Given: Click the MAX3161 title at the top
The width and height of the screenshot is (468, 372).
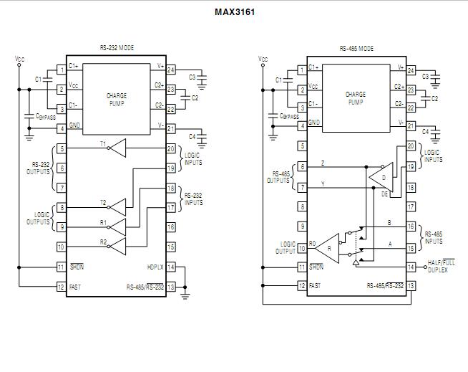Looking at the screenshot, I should (234, 12).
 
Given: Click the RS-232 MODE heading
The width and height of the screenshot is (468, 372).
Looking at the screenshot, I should (117, 48).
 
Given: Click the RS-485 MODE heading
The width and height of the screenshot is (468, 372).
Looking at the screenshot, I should (356, 48).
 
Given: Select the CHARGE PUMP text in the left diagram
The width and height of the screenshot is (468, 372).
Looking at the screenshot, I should (117, 98).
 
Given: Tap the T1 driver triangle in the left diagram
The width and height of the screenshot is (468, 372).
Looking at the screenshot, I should (118, 148).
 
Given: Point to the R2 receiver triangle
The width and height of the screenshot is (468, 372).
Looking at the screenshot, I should (117, 247).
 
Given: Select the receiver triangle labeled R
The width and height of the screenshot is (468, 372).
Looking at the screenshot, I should (328, 247).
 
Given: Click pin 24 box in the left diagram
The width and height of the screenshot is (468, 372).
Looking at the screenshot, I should (171, 70).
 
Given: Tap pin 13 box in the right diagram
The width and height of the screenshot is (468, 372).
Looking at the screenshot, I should (411, 286).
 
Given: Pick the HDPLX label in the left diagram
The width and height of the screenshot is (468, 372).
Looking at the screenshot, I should (155, 267).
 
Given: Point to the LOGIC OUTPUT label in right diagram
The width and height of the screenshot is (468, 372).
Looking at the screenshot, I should (286, 247).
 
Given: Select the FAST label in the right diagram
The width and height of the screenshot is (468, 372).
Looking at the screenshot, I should (314, 286).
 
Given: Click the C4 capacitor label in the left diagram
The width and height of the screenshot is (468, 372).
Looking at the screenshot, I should (192, 136).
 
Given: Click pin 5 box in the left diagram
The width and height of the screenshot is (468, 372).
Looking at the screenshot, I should (62, 148).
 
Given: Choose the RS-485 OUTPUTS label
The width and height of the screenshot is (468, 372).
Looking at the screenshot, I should (278, 177).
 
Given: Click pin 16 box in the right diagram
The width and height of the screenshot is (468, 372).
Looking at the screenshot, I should (411, 226).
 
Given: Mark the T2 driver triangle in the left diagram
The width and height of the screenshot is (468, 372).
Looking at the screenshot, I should (117, 207).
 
